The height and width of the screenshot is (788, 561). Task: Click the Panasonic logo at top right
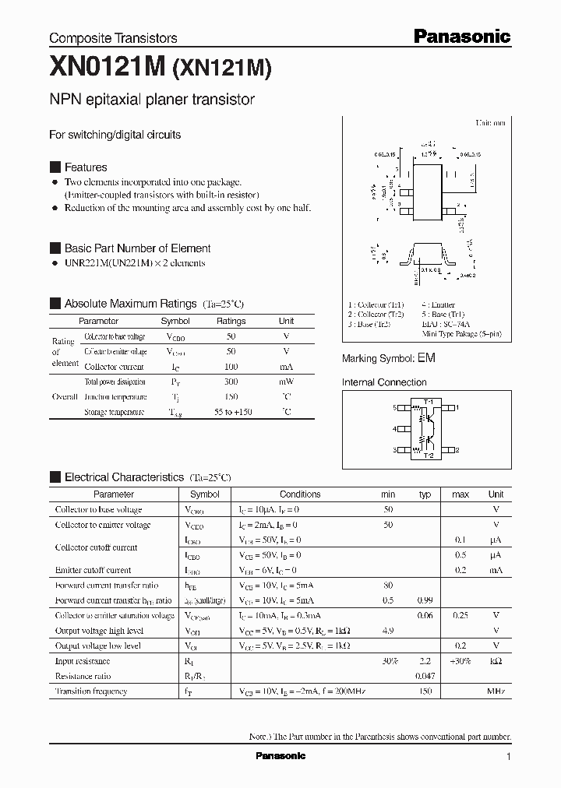pyautogui.click(x=461, y=36)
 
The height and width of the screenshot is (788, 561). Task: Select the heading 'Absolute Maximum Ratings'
pyautogui.click(x=130, y=304)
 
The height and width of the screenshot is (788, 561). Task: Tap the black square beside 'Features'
pyautogui.click(x=55, y=167)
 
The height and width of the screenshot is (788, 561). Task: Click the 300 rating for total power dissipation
pyautogui.click(x=231, y=382)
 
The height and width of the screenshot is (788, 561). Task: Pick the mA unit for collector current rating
pyautogui.click(x=286, y=366)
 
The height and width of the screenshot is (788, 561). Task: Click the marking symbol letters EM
pyautogui.click(x=426, y=358)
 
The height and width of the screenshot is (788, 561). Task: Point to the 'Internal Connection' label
pyautogui.click(x=384, y=382)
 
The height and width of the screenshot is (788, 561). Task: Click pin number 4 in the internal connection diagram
pyautogui.click(x=397, y=428)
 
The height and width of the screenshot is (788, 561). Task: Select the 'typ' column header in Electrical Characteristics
pyautogui.click(x=425, y=494)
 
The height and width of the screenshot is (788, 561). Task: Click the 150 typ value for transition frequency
pyautogui.click(x=425, y=691)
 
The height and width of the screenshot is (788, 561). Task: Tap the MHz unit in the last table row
pyautogui.click(x=496, y=691)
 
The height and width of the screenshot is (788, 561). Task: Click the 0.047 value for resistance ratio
pyautogui.click(x=425, y=677)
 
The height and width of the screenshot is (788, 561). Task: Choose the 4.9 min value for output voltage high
pyautogui.click(x=388, y=631)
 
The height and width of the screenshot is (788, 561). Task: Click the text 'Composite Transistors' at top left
pyautogui.click(x=113, y=37)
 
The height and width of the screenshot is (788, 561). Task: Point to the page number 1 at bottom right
pyautogui.click(x=508, y=756)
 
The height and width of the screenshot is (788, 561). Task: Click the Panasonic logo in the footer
pyautogui.click(x=280, y=756)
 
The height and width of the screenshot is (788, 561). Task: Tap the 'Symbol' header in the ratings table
pyautogui.click(x=175, y=321)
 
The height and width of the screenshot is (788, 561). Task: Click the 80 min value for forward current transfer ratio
pyautogui.click(x=388, y=586)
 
